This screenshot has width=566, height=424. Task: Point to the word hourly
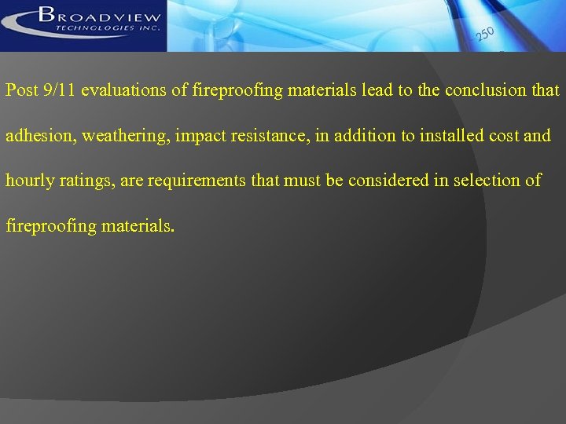tap(28, 181)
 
